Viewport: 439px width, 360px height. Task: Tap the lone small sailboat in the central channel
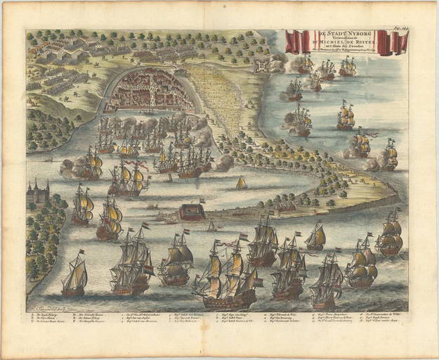pos(241,183)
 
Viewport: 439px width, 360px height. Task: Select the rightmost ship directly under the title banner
pos(348,67)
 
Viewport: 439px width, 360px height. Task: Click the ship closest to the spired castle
pos(83,204)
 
